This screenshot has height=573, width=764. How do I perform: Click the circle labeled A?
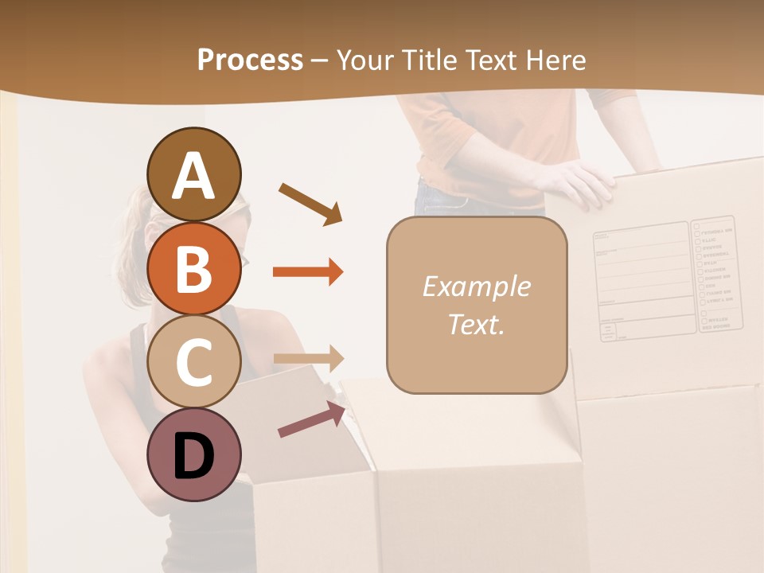pyautogui.click(x=193, y=174)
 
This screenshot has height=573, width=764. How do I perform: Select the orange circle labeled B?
pyautogui.click(x=193, y=268)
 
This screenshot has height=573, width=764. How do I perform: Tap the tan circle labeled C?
pyautogui.click(x=193, y=361)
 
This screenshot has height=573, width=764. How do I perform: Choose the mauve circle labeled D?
pyautogui.click(x=193, y=454)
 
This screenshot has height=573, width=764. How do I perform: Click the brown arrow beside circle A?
pyautogui.click(x=310, y=203)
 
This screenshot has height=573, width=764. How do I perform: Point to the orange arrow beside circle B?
pyautogui.click(x=308, y=272)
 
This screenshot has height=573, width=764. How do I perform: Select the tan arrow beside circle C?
pyautogui.click(x=308, y=358)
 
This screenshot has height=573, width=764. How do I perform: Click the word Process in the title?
pyautogui.click(x=250, y=60)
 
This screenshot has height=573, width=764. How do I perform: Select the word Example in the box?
pyautogui.click(x=476, y=286)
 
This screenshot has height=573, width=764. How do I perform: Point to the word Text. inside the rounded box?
pyautogui.click(x=476, y=324)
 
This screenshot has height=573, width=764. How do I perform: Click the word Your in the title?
pyautogui.click(x=365, y=60)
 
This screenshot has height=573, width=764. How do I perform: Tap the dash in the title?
pyautogui.click(x=320, y=60)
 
